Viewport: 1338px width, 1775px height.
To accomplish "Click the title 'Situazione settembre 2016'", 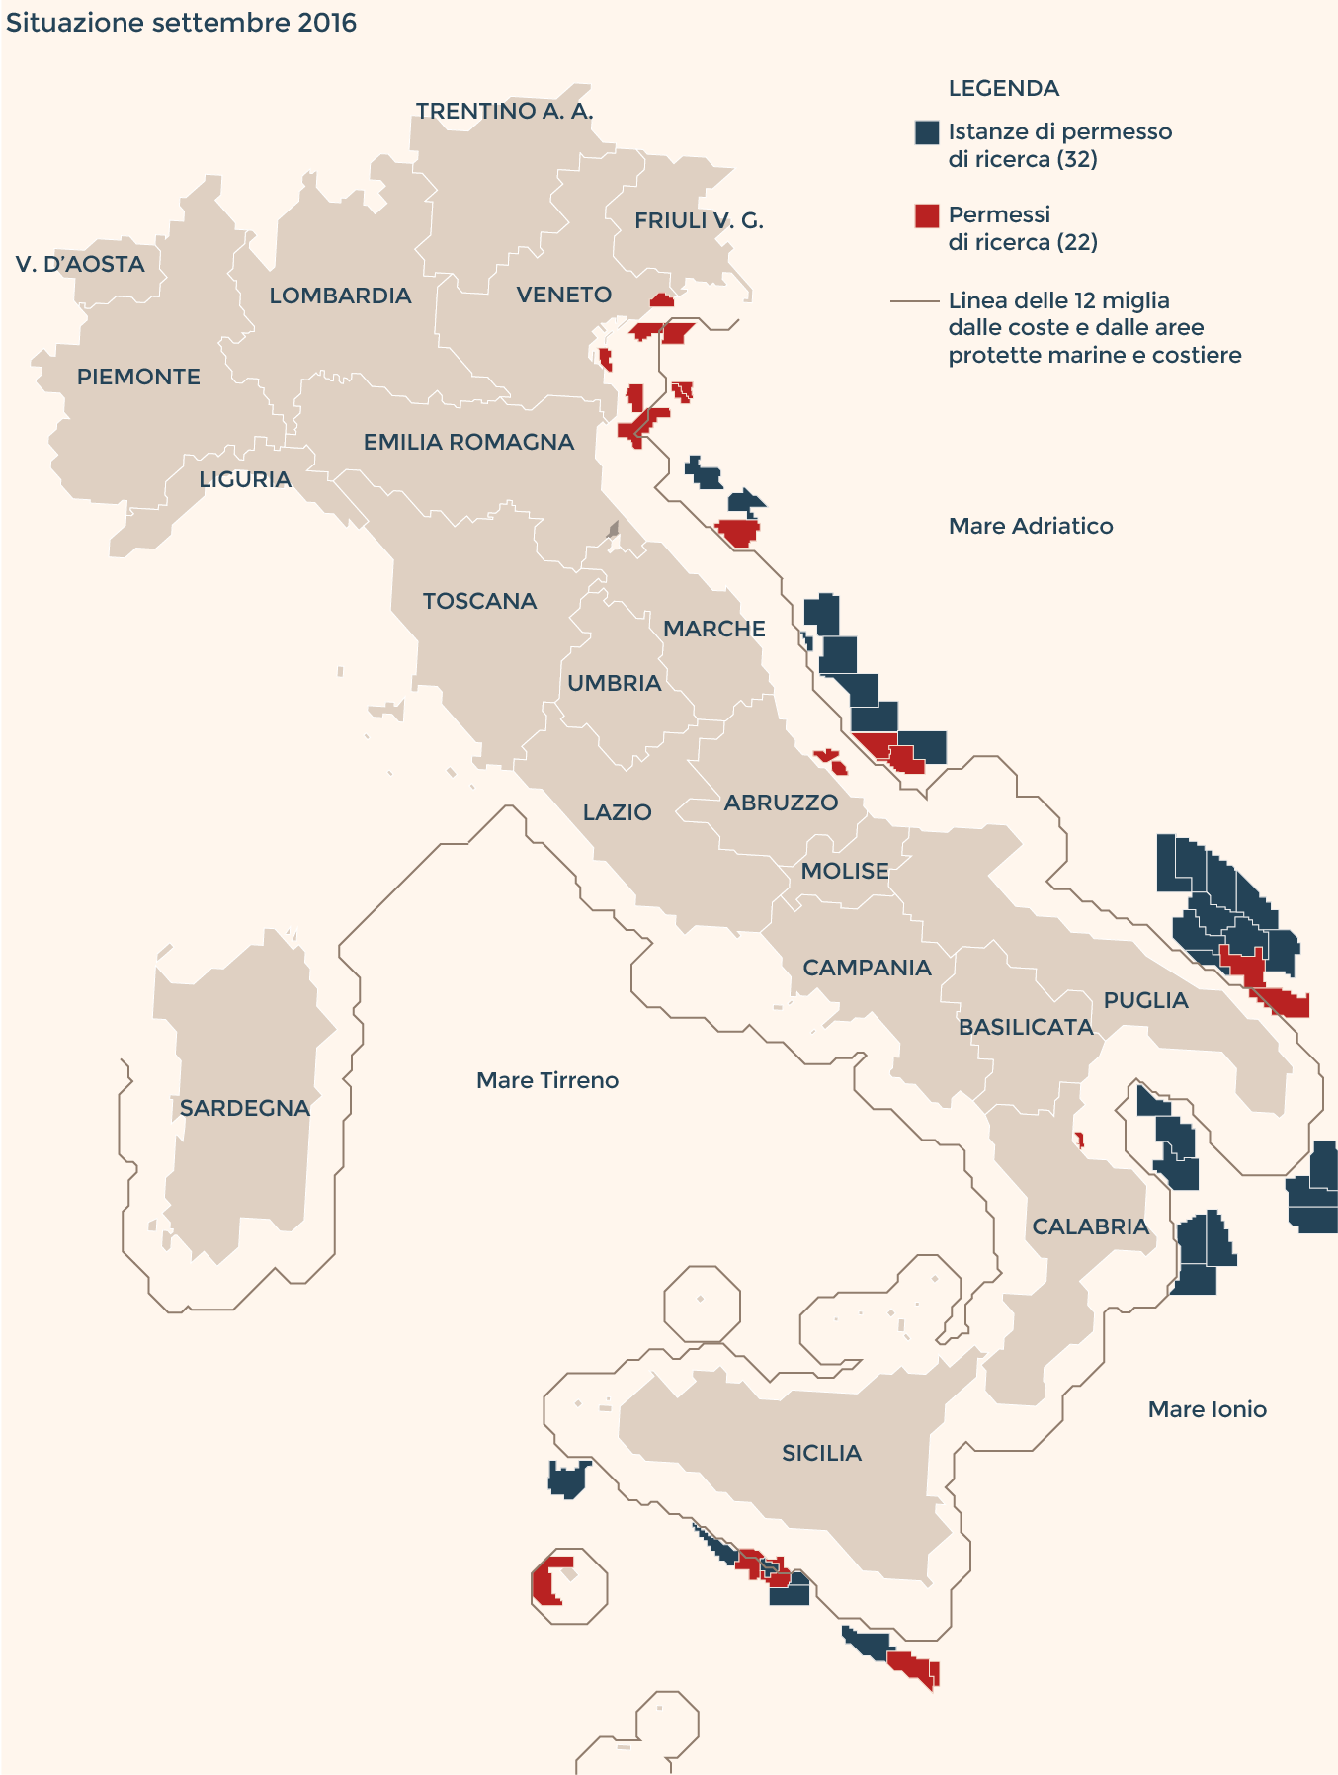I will tap(181, 23).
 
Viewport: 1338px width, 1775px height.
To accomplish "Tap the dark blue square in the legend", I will tap(926, 132).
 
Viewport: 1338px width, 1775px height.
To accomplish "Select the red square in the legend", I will tap(926, 215).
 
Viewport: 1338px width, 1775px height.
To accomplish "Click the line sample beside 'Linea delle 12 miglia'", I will tap(914, 300).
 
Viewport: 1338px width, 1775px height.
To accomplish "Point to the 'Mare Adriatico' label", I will tap(1030, 526).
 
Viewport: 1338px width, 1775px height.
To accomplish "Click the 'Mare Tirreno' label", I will tap(546, 1080).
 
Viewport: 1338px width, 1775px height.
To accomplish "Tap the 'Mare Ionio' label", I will tap(1207, 1409).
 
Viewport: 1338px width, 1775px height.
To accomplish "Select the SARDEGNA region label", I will tap(244, 1108).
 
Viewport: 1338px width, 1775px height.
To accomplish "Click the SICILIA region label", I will tap(821, 1453).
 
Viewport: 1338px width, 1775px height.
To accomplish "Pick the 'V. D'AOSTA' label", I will tap(80, 264).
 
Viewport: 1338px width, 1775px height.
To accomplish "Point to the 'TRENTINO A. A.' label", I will tap(504, 111).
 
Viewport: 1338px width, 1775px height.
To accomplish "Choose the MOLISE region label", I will tap(844, 871).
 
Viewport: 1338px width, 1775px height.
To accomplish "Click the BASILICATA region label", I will tap(1026, 1027).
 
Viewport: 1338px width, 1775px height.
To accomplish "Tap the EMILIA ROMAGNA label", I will tap(468, 442).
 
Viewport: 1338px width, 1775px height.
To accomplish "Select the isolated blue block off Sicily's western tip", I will tap(568, 1479).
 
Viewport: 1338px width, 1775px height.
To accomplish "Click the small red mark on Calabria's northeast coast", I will tap(1079, 1140).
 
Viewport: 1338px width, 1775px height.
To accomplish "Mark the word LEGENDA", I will tap(1003, 88).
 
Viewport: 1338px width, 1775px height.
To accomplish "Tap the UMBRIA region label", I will tap(614, 683).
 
